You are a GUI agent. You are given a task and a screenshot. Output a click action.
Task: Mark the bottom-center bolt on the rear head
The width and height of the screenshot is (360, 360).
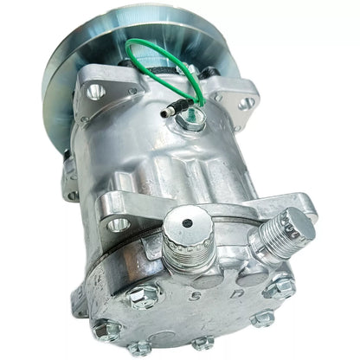tap(201, 342)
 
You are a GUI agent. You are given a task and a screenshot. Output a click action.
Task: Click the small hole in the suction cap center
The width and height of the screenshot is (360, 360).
tap(188, 222)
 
